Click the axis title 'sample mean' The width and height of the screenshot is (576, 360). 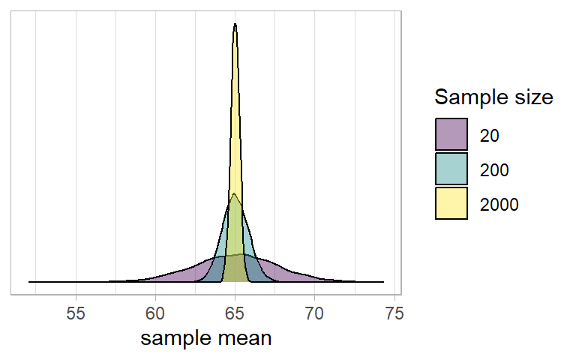(206, 338)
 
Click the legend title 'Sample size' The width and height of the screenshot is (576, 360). (494, 97)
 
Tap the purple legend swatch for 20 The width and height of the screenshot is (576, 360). (451, 135)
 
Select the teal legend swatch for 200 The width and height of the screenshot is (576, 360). (451, 169)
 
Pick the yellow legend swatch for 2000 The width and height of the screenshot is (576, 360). (451, 203)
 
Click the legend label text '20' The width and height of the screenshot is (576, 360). (489, 136)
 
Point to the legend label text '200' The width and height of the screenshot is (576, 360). (494, 170)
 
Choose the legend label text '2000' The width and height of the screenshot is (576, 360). (499, 204)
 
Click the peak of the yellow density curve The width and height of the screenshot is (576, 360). (235, 25)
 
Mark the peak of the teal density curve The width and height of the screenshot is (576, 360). (235, 194)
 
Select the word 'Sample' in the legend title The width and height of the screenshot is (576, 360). (469, 97)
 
